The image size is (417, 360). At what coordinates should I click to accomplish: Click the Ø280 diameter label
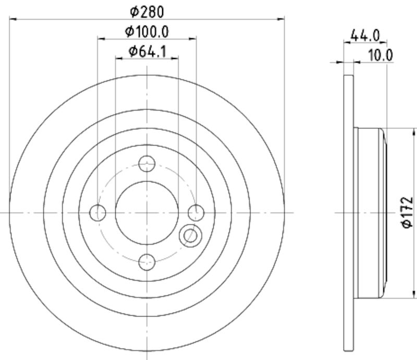tap(147, 12)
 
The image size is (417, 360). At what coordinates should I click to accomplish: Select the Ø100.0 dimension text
tap(147, 32)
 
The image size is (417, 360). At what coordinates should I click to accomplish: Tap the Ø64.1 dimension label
tap(147, 51)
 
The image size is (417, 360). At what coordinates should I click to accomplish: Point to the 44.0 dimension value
tap(365, 35)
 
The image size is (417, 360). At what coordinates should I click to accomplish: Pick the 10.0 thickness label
tap(381, 55)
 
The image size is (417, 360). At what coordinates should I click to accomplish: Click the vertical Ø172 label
tap(407, 212)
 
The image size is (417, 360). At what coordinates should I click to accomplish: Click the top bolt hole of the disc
tap(147, 163)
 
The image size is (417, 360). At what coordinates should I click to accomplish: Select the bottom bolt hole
tap(147, 262)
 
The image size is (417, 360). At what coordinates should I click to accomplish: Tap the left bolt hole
tap(97, 213)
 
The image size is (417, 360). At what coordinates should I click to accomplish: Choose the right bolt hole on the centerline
tap(196, 213)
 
